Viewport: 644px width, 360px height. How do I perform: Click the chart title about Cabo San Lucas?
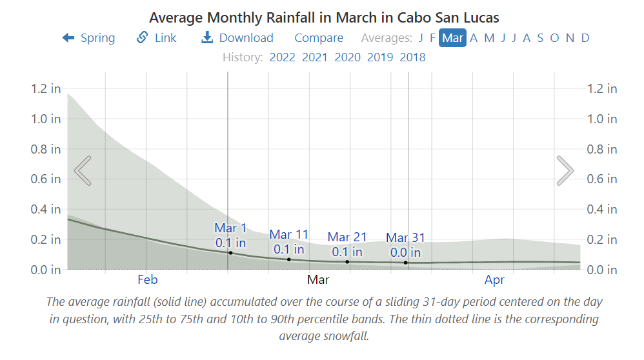pos(324,17)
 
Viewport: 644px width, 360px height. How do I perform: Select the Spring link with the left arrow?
pos(88,38)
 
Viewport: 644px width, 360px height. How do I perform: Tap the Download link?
pos(237,38)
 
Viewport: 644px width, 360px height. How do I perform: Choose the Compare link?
pos(319,38)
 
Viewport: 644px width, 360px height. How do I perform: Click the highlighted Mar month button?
pos(452,38)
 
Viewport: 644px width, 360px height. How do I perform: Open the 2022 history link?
pos(282,57)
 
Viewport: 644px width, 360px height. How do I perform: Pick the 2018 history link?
pos(412,57)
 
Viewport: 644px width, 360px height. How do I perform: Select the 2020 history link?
pos(347,57)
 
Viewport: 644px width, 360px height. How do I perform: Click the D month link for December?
pos(585,38)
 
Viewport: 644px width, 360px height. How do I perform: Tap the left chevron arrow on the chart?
pos(83,170)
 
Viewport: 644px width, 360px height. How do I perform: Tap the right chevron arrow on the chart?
pos(565,170)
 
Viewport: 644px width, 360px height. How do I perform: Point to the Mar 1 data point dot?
pos(230,253)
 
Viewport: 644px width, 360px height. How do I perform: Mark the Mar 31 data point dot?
pos(406,263)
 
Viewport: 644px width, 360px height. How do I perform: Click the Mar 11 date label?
pos(289,235)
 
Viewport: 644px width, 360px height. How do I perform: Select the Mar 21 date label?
pos(347,237)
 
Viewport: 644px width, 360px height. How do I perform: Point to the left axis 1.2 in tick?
pos(46,88)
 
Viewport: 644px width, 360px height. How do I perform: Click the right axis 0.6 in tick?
pos(601,179)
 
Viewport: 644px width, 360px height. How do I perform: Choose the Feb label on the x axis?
pos(148,280)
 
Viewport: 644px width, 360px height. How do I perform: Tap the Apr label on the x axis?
pos(495,280)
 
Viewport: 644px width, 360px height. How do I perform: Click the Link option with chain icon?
pos(157,38)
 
